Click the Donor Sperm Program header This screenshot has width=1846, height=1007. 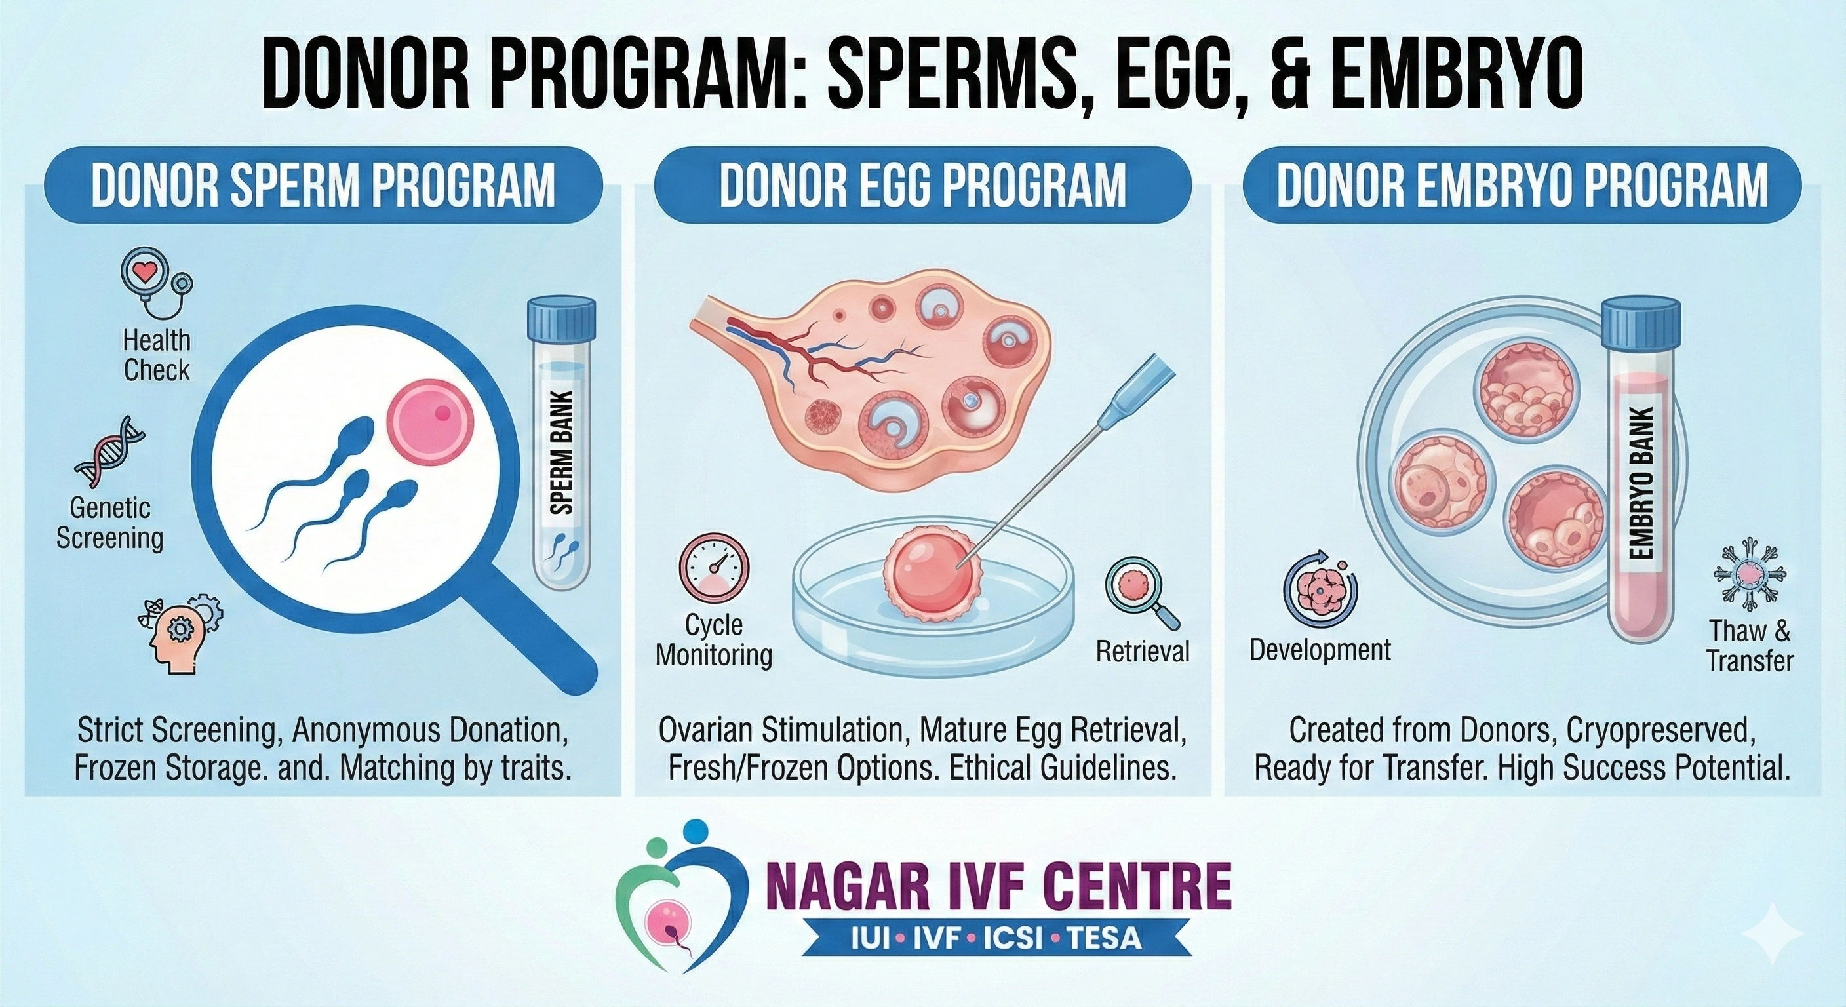tap(323, 185)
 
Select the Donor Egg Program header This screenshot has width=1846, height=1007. tap(922, 185)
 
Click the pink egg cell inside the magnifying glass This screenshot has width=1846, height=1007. tap(430, 422)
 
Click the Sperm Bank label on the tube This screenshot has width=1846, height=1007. tap(563, 453)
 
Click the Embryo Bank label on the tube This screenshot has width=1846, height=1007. tap(1641, 483)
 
